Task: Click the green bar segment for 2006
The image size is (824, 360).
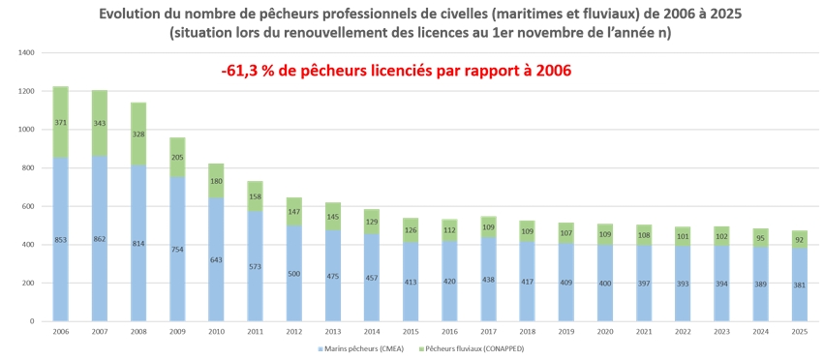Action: (60, 122)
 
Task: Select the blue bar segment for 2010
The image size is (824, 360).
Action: (216, 259)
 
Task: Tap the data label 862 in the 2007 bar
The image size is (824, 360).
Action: (100, 239)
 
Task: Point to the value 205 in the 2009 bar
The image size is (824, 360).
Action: (177, 157)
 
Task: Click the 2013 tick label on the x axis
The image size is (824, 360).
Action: (333, 332)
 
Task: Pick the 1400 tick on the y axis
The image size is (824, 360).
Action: (27, 52)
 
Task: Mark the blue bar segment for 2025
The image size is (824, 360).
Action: (799, 285)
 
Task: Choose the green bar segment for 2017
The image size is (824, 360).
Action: (489, 227)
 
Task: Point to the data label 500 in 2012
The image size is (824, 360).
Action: (294, 274)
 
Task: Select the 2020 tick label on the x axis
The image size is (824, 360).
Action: (605, 332)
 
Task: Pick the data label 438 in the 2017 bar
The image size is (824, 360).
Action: (489, 281)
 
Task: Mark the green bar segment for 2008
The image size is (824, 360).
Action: (138, 134)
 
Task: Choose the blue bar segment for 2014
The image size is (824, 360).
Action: (372, 278)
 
